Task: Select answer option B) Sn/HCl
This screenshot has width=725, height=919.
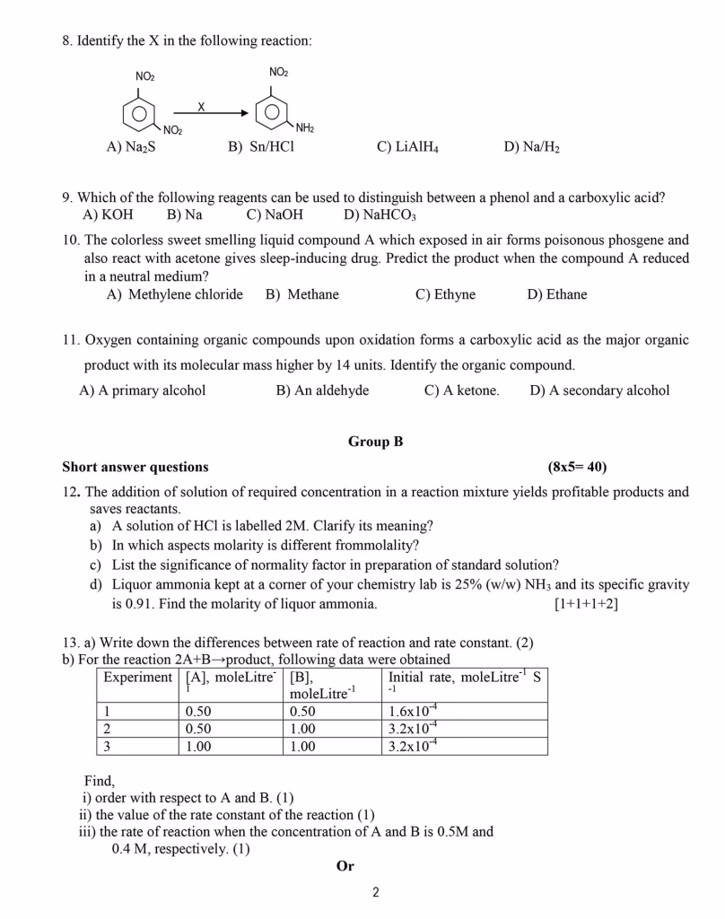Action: pyautogui.click(x=260, y=146)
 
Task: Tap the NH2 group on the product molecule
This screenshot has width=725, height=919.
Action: pyautogui.click(x=305, y=129)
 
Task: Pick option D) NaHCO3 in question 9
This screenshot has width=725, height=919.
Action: pyautogui.click(x=380, y=214)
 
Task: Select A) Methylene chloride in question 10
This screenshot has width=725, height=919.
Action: pyautogui.click(x=174, y=294)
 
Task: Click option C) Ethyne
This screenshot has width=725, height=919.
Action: pyautogui.click(x=445, y=294)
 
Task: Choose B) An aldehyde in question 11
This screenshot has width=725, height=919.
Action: pyautogui.click(x=322, y=390)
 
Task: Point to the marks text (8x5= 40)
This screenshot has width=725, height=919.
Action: pyautogui.click(x=577, y=467)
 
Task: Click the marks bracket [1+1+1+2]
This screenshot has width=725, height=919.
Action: pyautogui.click(x=587, y=604)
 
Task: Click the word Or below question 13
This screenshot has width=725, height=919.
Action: pyautogui.click(x=345, y=866)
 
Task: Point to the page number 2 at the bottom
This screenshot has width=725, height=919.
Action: pyautogui.click(x=376, y=892)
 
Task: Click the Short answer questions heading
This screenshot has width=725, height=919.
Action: pyautogui.click(x=135, y=467)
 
